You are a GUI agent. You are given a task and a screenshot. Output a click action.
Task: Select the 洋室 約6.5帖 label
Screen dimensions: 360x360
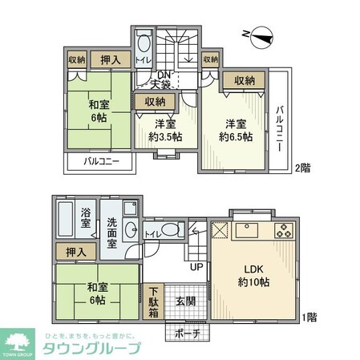pos(237,131)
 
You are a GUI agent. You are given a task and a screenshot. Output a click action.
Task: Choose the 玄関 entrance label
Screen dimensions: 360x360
pos(183,301)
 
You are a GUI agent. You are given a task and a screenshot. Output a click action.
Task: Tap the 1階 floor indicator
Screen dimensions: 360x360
pos(310,318)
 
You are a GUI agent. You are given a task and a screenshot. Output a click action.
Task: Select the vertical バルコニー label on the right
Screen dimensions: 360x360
pos(281,123)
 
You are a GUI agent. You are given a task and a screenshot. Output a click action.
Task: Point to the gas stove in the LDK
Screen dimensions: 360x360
pos(284,233)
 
